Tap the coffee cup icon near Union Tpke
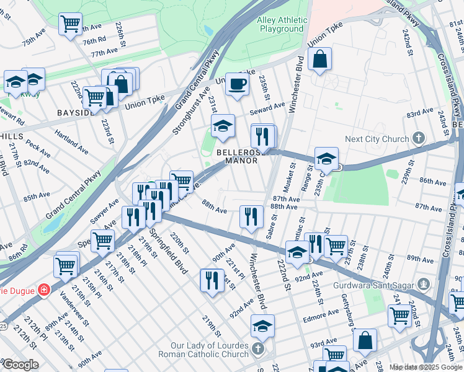[236, 84]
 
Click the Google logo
[20, 364]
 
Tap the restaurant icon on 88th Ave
[251, 216]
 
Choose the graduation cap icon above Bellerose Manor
[223, 126]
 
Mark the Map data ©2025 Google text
[425, 367]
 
